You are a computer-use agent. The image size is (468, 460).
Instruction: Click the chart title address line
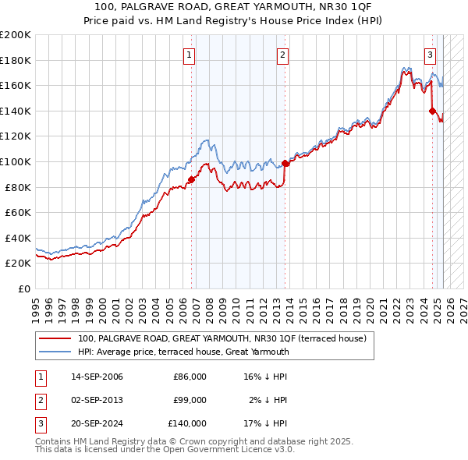[233, 7]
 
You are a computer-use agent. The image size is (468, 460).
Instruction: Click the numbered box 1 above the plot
[191, 55]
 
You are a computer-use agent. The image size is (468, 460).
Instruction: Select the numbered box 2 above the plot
[282, 55]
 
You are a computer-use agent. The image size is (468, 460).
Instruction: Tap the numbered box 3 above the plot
[430, 55]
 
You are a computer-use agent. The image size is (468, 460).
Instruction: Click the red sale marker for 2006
[191, 179]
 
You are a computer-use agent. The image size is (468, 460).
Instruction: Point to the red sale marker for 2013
[285, 163]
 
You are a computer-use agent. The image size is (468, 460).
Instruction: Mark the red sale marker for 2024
[432, 111]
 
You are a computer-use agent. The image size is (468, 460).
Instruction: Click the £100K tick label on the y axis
[16, 161]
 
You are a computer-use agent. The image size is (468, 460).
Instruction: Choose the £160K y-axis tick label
[16, 85]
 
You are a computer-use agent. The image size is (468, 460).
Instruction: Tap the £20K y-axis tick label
[18, 264]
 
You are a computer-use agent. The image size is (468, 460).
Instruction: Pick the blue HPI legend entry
[183, 352]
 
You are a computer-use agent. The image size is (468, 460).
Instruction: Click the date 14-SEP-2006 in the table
[97, 377]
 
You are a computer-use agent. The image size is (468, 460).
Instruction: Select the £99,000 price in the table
[190, 400]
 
